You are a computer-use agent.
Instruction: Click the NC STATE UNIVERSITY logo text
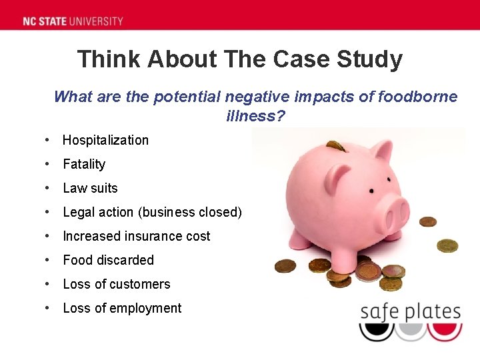point(73,21)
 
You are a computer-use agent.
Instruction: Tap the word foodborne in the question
point(418,97)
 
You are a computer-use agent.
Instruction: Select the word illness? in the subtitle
point(255,116)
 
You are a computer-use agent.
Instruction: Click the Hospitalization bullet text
point(105,140)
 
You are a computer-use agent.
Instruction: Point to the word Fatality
point(84,164)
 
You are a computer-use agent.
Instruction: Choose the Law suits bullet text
point(90,188)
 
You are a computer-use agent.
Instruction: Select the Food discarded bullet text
point(108,260)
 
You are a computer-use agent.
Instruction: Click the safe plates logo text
point(410,312)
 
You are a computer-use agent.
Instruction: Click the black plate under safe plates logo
point(377,331)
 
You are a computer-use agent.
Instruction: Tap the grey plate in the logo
point(410,331)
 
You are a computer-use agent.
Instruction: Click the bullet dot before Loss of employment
point(47,308)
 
